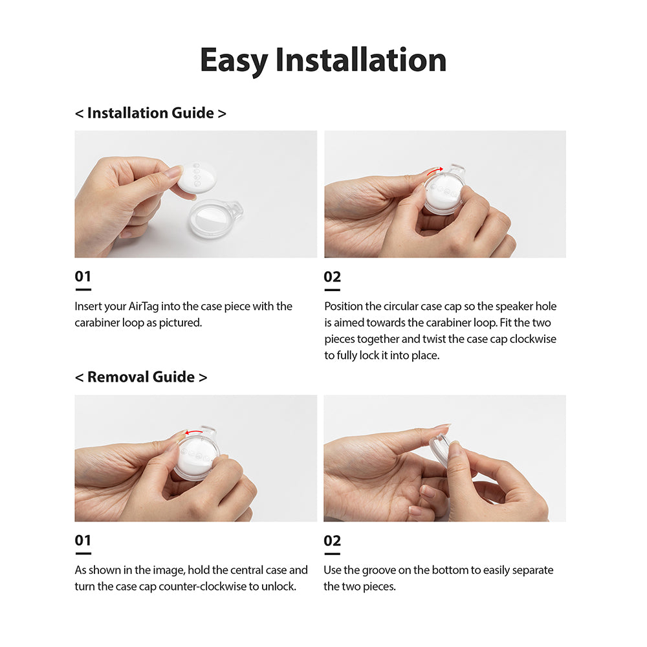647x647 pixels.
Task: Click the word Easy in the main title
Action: (234, 61)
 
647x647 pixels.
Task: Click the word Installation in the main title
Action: (360, 60)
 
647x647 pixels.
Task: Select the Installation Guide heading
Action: (150, 113)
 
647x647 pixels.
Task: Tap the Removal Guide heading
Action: (141, 377)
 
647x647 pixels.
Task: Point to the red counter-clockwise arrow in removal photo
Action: (193, 433)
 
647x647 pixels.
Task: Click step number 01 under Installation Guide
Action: (83, 277)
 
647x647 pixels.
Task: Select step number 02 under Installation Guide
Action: (332, 277)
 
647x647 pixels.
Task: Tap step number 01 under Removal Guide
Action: (83, 541)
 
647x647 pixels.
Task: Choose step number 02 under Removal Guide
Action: (332, 541)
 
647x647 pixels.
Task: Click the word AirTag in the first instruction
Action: (145, 306)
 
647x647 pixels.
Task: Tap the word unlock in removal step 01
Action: (280, 586)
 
